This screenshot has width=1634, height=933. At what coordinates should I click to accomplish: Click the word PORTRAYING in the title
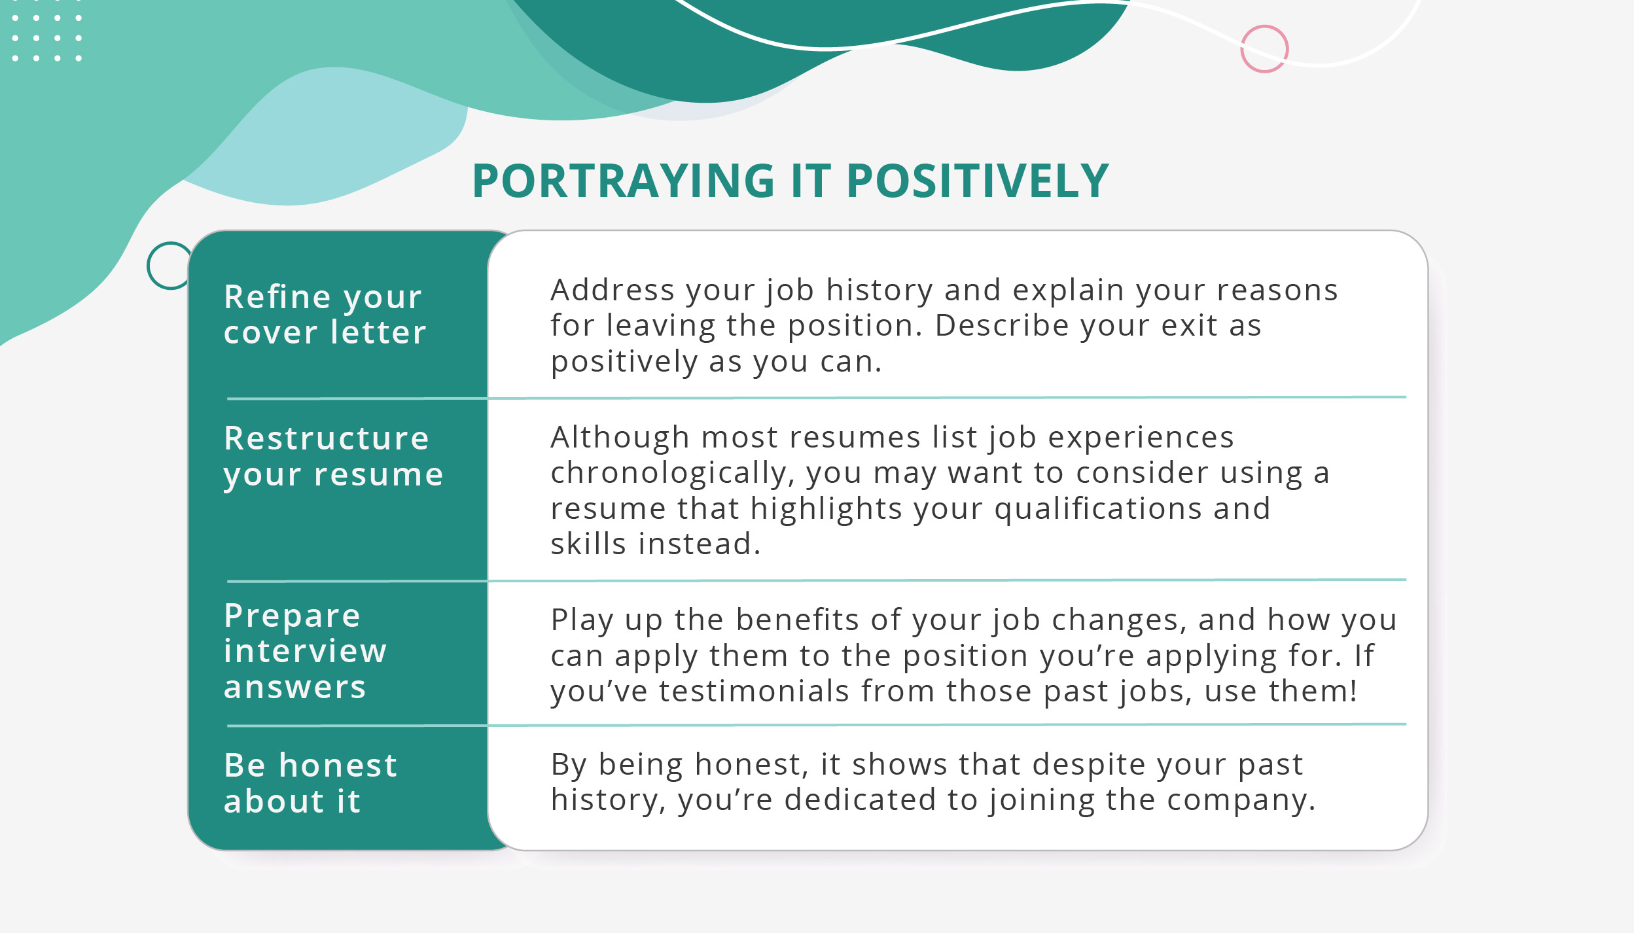coord(624,181)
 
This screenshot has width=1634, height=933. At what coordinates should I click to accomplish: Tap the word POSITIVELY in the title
coord(977,181)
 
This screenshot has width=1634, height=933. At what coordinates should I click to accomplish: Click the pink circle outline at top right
coord(1264,49)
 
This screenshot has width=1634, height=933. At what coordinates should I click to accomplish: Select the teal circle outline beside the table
coord(169,266)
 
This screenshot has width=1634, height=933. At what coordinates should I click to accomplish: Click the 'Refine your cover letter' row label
coord(325,315)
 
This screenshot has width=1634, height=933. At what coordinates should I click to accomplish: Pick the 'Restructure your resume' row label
coord(333,456)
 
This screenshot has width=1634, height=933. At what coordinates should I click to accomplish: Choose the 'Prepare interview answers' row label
coord(305,651)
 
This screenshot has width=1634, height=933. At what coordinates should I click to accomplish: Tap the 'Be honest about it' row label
coord(310,783)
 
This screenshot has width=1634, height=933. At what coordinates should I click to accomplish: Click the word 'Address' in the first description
coord(612,290)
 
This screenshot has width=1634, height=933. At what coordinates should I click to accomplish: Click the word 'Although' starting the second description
coord(619,438)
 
